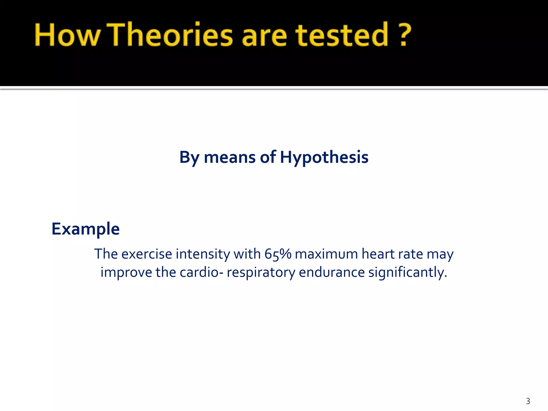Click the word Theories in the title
(x=171, y=35)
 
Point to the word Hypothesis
(x=324, y=157)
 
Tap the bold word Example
(x=86, y=229)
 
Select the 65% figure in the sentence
(x=278, y=254)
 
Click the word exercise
(x=147, y=254)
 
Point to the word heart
(x=378, y=254)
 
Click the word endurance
(x=332, y=272)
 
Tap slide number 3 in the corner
(x=528, y=401)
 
